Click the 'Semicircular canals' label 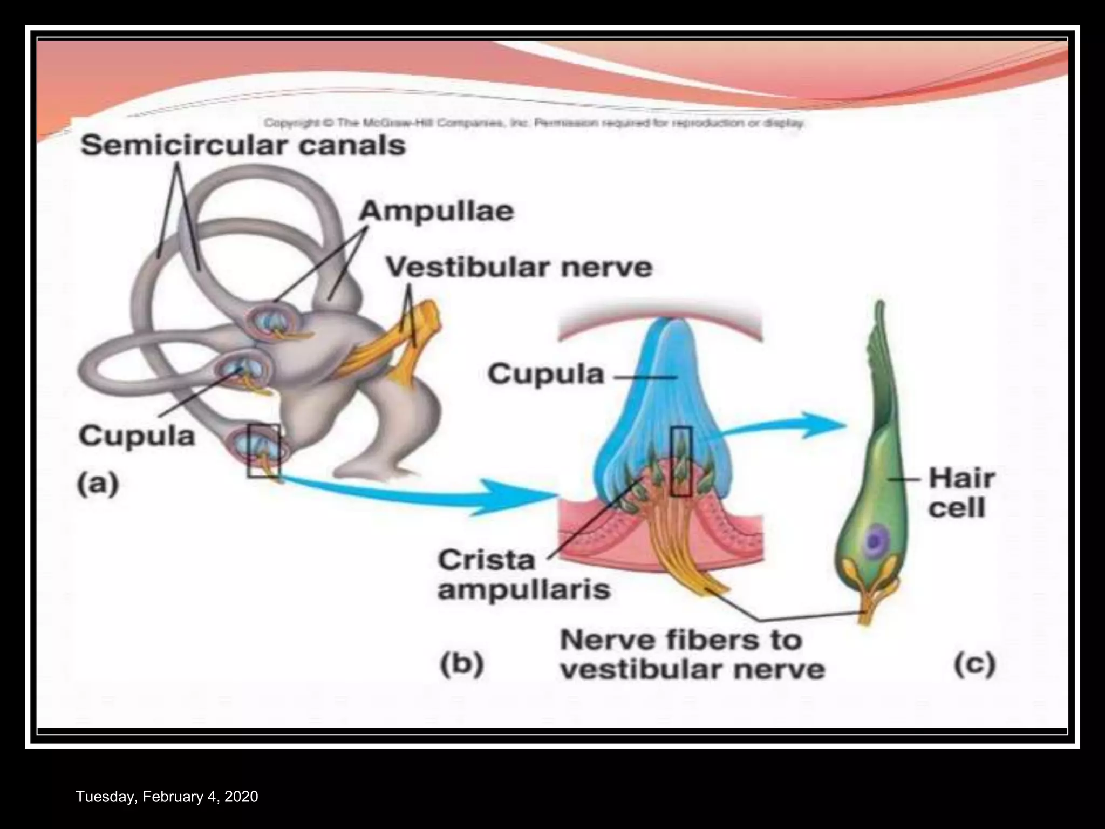(x=243, y=146)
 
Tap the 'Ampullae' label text (x=436, y=211)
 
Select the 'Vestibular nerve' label (x=519, y=267)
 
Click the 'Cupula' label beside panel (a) (x=137, y=436)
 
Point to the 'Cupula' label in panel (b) (x=545, y=374)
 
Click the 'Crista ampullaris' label (x=523, y=575)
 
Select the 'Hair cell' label (x=961, y=493)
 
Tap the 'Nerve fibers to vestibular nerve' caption (x=692, y=655)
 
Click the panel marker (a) (x=98, y=484)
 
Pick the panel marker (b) (x=461, y=665)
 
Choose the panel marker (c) (x=974, y=665)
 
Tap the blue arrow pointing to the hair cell (x=782, y=426)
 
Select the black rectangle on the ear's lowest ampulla (x=264, y=451)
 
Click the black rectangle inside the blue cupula (x=681, y=461)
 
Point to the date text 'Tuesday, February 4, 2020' (x=167, y=797)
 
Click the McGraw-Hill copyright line (x=534, y=123)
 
